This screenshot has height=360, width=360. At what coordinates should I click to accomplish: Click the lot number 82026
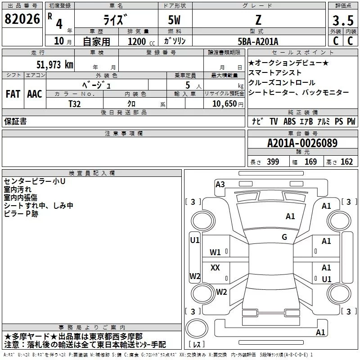[22, 19]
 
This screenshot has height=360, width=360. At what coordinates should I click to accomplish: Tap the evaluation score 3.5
[343, 20]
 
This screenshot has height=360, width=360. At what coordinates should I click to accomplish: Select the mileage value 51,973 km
[54, 65]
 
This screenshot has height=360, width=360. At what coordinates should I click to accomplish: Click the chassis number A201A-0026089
[302, 144]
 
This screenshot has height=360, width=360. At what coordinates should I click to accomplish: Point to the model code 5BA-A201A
[258, 41]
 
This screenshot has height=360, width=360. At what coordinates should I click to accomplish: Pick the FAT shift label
[13, 94]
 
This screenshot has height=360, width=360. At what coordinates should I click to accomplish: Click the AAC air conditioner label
[35, 94]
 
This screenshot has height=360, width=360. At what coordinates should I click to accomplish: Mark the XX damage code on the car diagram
[216, 268]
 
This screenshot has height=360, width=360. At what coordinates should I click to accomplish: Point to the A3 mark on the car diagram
[220, 184]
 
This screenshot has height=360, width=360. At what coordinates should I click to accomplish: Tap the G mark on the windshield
[284, 237]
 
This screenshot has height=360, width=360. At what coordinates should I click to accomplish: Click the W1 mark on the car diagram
[216, 252]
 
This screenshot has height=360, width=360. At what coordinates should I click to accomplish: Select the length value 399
[273, 162]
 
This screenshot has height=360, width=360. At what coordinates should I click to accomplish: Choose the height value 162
[346, 162]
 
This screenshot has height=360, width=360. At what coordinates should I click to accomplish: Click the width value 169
[310, 162]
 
